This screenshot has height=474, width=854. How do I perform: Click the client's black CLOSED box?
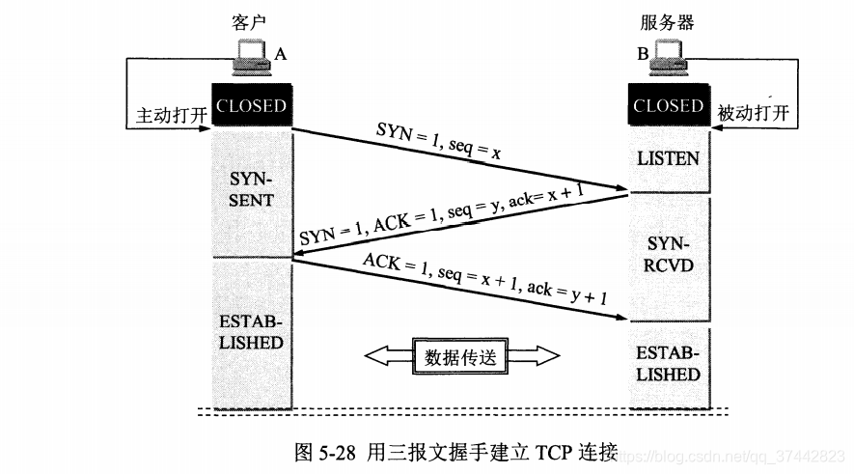pyautogui.click(x=251, y=106)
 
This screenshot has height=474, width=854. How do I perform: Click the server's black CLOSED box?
pyautogui.click(x=668, y=106)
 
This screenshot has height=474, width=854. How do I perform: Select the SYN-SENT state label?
pyautogui.click(x=252, y=190)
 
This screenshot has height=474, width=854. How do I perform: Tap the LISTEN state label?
pyautogui.click(x=668, y=157)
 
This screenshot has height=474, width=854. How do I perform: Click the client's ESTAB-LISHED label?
pyautogui.click(x=251, y=332)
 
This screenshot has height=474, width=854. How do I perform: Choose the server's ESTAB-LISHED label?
pyautogui.click(x=668, y=364)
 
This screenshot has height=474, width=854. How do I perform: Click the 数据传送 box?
pyautogui.click(x=460, y=356)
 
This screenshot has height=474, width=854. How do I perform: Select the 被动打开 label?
pyautogui.click(x=754, y=114)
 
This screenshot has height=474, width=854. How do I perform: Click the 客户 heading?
pyautogui.click(x=250, y=21)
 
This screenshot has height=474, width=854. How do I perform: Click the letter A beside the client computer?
pyautogui.click(x=281, y=54)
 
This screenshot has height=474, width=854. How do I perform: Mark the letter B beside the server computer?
pyautogui.click(x=641, y=54)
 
